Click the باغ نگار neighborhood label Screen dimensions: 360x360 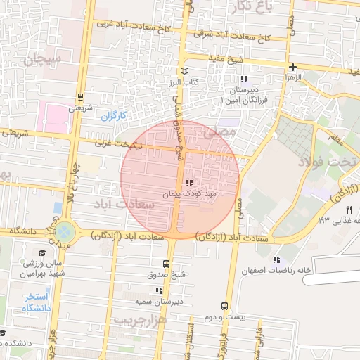[x=252, y=7]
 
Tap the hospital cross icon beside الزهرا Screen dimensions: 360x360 [x=292, y=67]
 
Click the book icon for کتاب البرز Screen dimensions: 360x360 [x=185, y=71]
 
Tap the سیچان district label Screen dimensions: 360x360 [x=43, y=60]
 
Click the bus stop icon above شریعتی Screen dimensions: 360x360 [x=80, y=97]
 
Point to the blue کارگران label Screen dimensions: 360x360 [x=112, y=115]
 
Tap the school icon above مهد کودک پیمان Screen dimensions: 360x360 [x=188, y=182]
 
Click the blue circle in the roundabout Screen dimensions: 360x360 [x=64, y=231]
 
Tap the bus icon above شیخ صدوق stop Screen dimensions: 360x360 [x=165, y=264]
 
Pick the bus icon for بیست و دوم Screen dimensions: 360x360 [x=224, y=306]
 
